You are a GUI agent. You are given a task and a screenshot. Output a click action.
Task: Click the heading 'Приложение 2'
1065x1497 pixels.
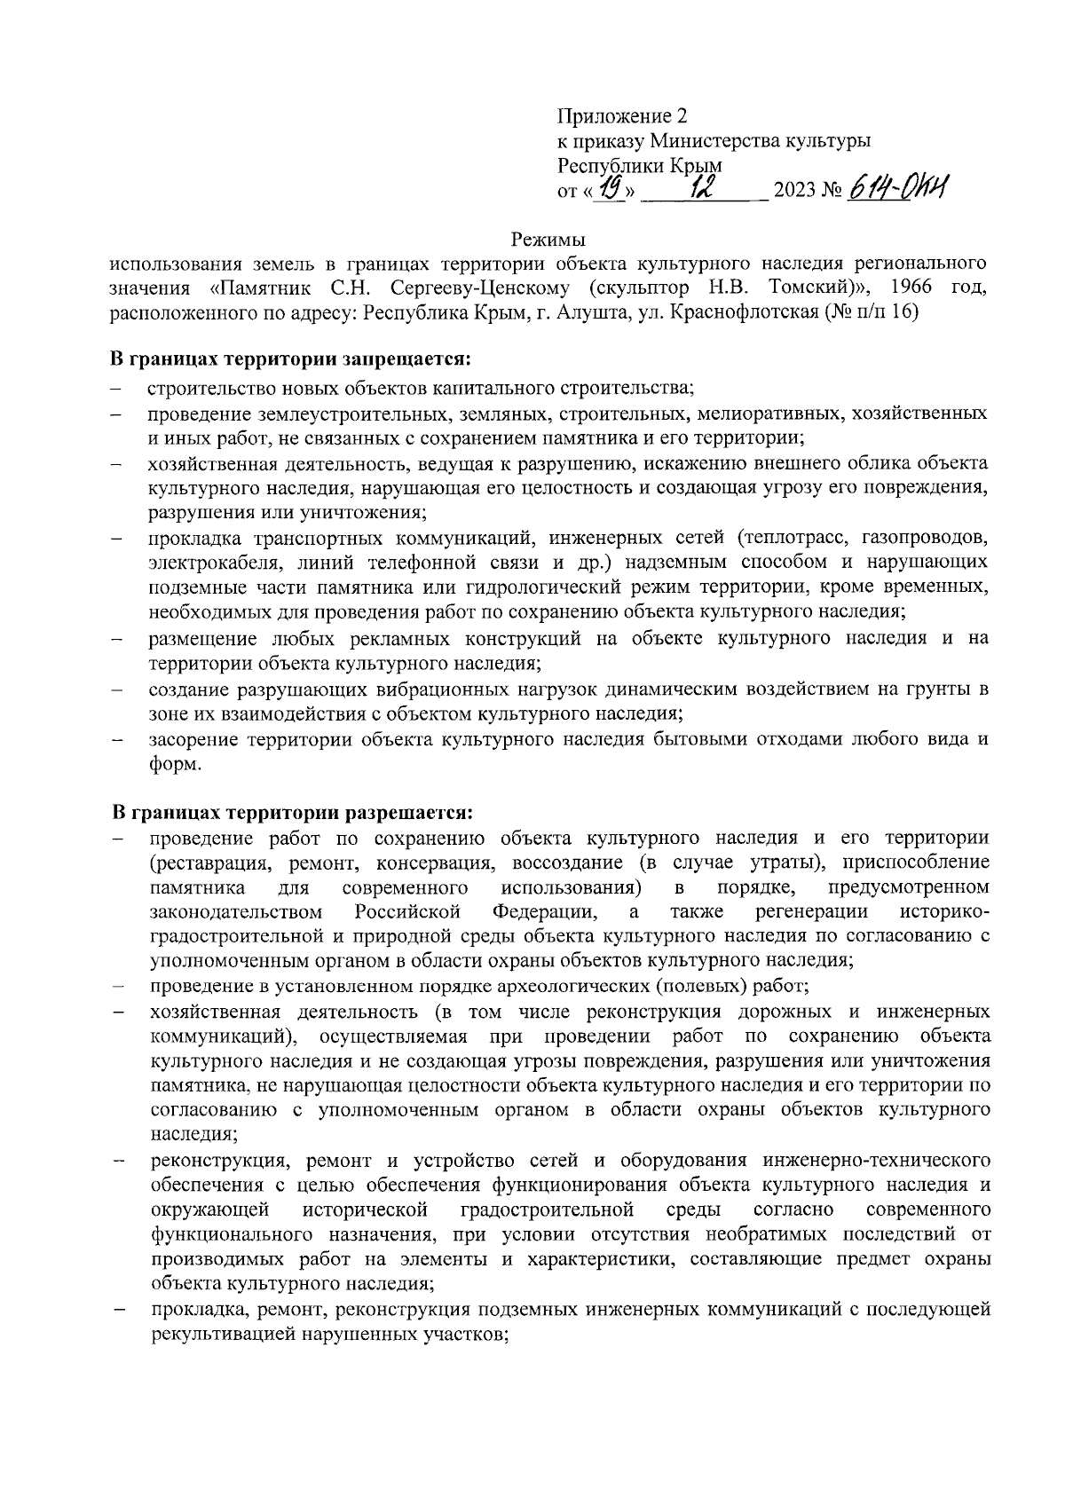click(622, 116)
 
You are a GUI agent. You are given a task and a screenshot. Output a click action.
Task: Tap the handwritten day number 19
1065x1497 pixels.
click(611, 188)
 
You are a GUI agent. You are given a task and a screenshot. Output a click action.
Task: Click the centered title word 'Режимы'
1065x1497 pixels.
click(548, 240)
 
